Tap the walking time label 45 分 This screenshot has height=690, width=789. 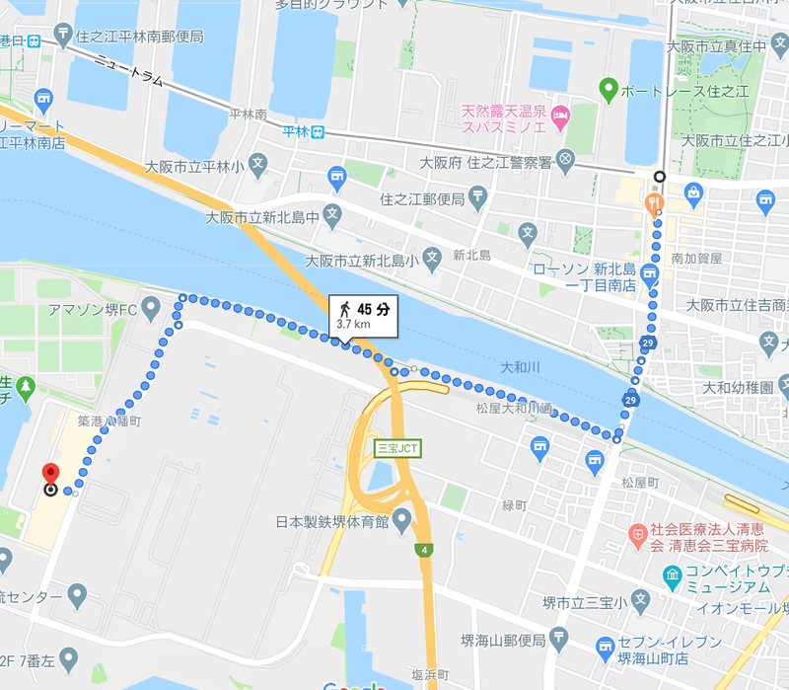(374, 308)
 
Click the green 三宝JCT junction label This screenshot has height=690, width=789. (398, 447)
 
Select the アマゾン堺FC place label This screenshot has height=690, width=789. (91, 310)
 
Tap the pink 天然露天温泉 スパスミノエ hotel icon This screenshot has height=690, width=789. (560, 116)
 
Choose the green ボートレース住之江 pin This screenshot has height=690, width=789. (609, 90)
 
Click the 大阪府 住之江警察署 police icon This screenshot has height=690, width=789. (565, 159)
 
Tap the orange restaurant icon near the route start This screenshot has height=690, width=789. (653, 204)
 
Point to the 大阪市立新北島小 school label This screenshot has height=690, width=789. (362, 262)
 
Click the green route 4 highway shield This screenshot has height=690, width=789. (424, 549)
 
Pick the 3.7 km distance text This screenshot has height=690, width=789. (353, 323)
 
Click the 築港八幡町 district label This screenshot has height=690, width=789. (109, 421)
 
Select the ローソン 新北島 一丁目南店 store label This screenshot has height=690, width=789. (584, 276)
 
